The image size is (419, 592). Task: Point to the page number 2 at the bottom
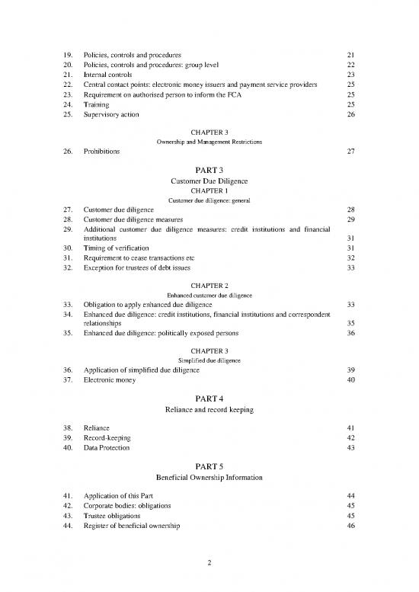click(209, 563)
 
